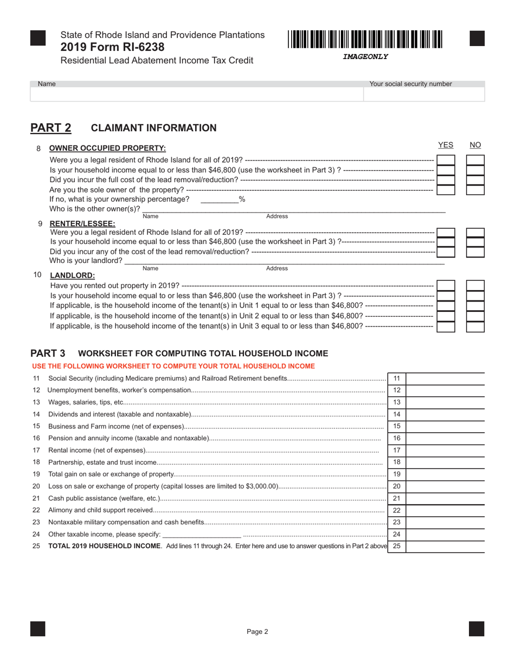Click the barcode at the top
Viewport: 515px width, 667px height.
(365, 40)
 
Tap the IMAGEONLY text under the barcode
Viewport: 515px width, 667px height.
(365, 56)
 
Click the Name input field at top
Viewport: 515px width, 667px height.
(196, 94)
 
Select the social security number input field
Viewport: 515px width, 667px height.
(423, 94)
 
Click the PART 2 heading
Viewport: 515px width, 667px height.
(50, 128)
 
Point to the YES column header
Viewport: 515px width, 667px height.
(445, 145)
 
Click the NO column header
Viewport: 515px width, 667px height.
(475, 145)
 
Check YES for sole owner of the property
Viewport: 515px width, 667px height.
(446, 190)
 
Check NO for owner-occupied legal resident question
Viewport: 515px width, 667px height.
(475, 160)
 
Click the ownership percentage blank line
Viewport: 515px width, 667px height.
(220, 200)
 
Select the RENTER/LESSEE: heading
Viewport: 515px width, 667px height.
(82, 223)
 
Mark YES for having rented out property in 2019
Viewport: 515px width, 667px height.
(446, 286)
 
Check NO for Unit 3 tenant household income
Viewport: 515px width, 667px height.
(475, 326)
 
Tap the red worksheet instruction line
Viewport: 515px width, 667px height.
(173, 366)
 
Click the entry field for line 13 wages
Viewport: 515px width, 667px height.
(445, 402)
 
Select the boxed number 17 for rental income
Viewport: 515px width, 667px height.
(396, 450)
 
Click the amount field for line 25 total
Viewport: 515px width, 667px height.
(445, 546)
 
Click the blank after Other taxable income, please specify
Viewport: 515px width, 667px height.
(201, 535)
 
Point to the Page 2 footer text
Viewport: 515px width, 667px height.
(257, 631)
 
